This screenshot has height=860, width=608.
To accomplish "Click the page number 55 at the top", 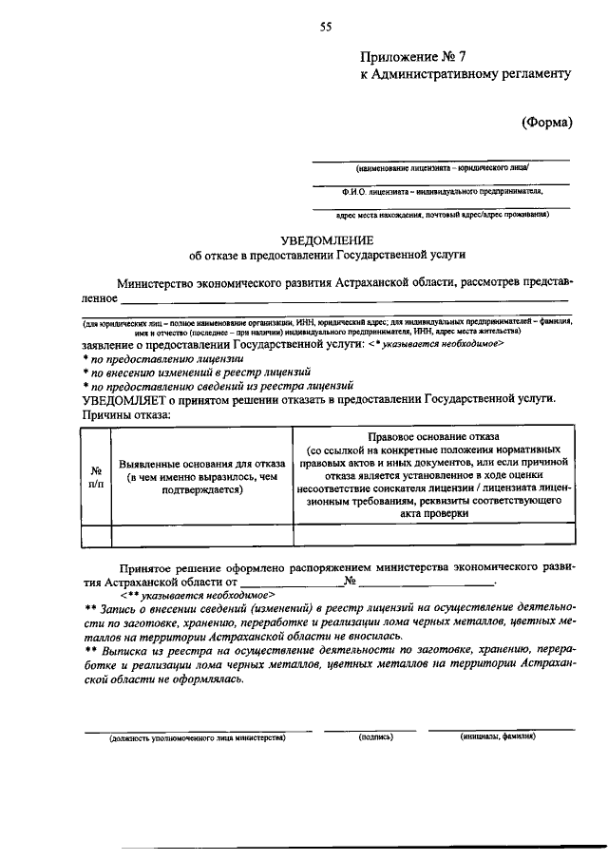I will pos(326,27).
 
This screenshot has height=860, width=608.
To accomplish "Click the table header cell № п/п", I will pos(96,476).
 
